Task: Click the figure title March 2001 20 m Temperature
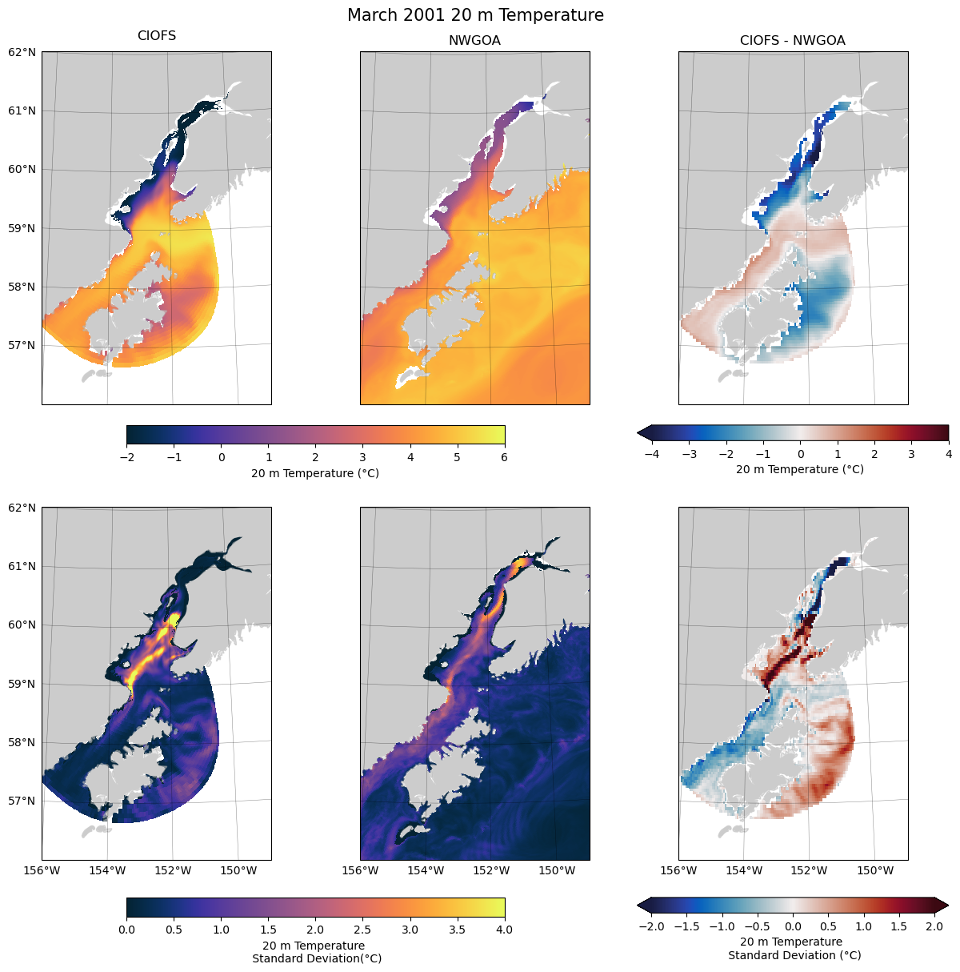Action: point(475,15)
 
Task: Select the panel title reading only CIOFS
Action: point(157,36)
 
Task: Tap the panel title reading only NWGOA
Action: point(474,41)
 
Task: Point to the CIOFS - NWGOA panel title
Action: point(792,41)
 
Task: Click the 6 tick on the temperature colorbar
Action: point(505,458)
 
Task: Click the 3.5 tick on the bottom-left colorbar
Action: point(458,930)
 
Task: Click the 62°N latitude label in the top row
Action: point(22,52)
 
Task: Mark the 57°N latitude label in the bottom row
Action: point(22,801)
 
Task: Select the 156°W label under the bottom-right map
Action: point(678,870)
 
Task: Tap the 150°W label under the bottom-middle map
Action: point(557,870)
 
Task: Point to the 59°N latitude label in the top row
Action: point(22,228)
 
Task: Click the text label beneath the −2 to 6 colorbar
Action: point(315,473)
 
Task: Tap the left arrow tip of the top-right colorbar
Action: point(639,433)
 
